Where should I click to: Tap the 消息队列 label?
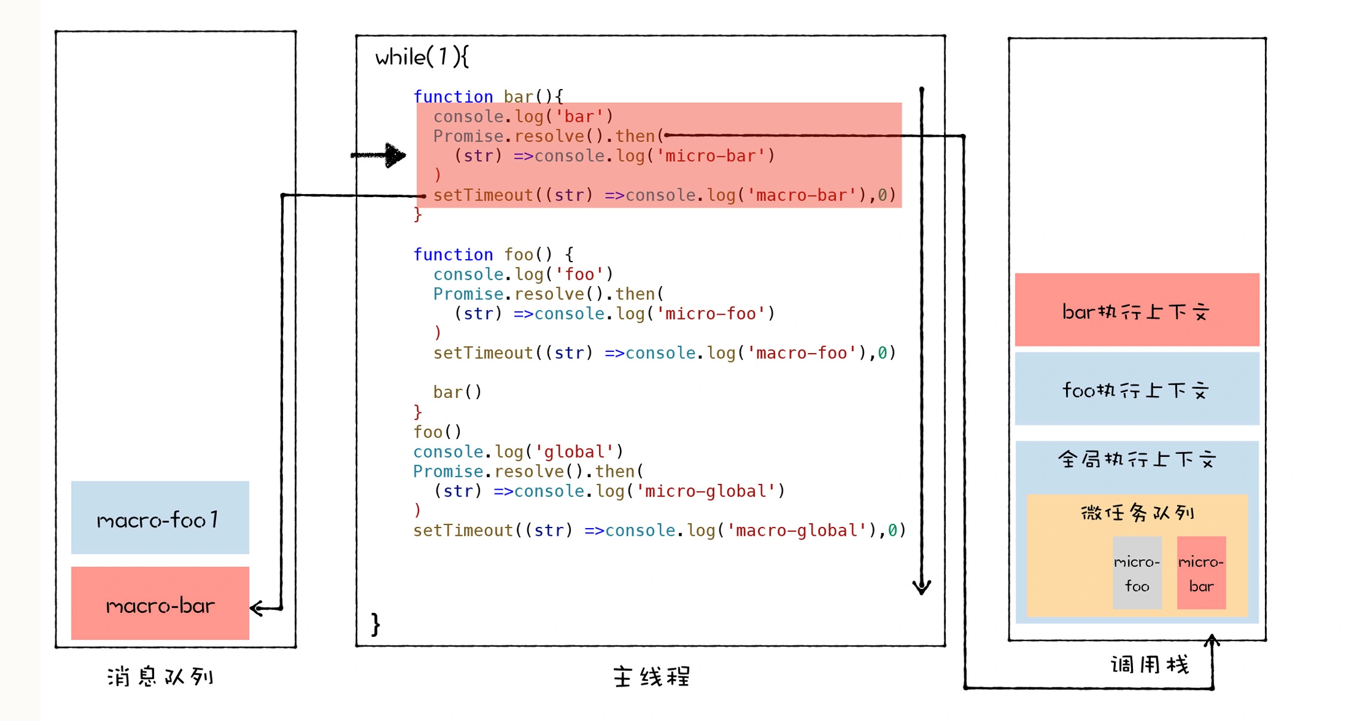click(161, 677)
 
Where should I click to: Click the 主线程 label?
click(652, 677)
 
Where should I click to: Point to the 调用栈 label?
click(1150, 664)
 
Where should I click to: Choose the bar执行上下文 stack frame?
click(1136, 310)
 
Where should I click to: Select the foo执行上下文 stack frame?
click(1136, 389)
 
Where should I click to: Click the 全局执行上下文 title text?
click(1136, 459)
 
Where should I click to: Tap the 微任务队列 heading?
click(1137, 513)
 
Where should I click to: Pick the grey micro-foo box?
click(1137, 573)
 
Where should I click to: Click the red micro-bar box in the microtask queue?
click(1201, 573)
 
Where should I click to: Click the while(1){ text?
click(422, 57)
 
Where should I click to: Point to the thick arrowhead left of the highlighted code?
click(394, 155)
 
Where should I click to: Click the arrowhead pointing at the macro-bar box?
click(257, 609)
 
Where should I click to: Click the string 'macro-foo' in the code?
click(801, 353)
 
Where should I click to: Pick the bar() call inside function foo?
click(457, 392)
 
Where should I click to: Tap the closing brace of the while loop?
click(375, 625)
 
